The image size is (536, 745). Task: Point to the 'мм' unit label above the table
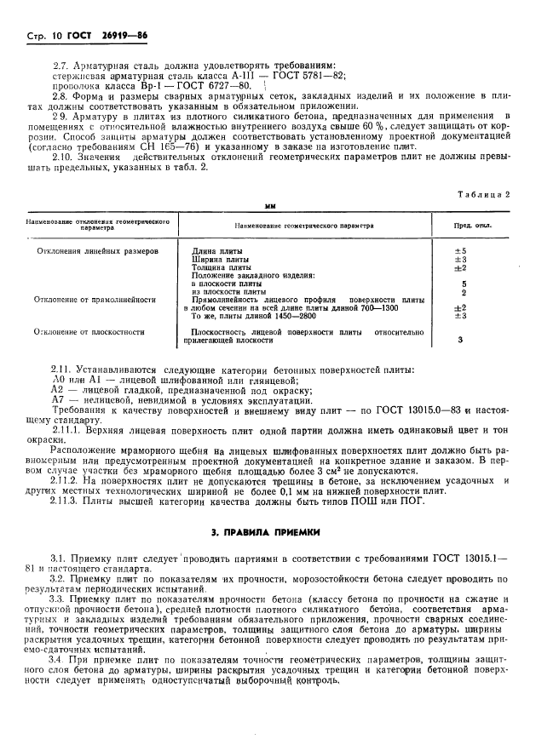270,207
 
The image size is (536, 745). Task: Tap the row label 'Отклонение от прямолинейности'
95,300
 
